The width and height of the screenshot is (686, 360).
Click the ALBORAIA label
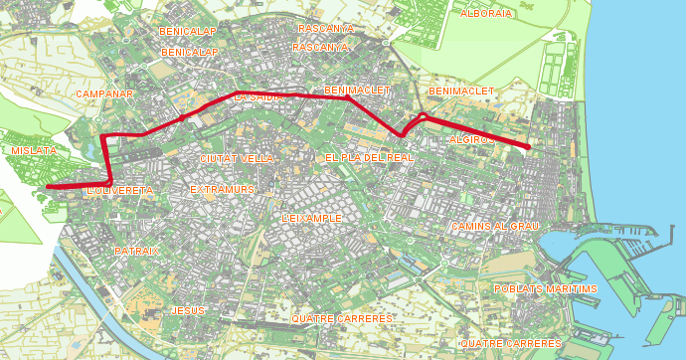click(x=486, y=13)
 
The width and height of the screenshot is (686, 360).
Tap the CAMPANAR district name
click(x=104, y=92)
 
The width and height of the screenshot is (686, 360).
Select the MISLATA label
click(x=34, y=150)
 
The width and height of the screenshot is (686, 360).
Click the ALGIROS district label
click(x=471, y=140)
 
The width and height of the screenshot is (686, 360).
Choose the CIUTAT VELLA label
click(x=237, y=158)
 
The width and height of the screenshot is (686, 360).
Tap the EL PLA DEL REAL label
click(x=369, y=157)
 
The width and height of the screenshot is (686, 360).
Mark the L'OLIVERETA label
click(x=120, y=189)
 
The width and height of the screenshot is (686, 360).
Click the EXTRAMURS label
click(x=223, y=188)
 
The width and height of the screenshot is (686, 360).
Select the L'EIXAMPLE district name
click(x=312, y=217)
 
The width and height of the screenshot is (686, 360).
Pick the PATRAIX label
click(x=136, y=251)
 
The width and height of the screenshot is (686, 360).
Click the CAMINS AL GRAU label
click(x=494, y=226)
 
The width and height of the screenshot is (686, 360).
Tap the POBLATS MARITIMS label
click(x=546, y=288)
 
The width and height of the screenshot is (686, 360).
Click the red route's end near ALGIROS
click(x=528, y=148)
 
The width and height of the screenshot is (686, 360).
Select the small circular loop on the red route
click(x=423, y=117)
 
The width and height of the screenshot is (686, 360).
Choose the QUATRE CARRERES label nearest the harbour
click(x=509, y=343)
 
